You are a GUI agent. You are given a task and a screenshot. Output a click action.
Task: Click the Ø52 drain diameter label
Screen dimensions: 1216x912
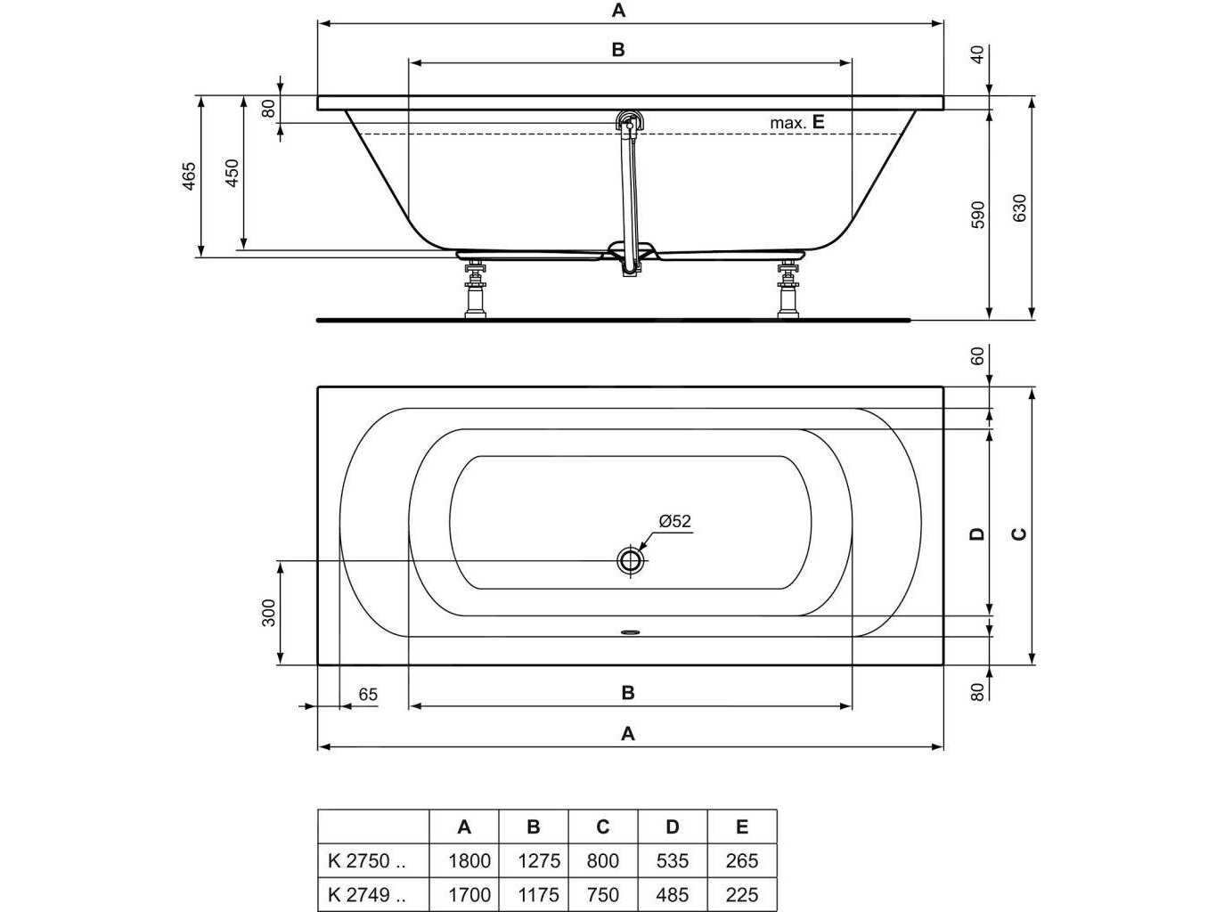pos(674,521)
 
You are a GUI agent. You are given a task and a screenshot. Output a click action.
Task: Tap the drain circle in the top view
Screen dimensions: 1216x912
pos(630,561)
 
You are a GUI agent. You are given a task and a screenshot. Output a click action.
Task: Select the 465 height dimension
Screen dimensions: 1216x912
pos(190,176)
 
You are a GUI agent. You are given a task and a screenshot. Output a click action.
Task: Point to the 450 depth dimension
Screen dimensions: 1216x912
pos(233,173)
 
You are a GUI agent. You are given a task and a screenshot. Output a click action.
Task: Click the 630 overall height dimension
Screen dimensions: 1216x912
pos(1019,208)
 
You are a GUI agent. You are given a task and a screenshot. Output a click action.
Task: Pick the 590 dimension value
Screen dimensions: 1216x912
pos(979,215)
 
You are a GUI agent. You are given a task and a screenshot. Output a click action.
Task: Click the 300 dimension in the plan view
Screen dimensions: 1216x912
pos(268,613)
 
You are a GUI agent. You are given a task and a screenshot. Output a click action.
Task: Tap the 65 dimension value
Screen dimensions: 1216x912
pos(368,695)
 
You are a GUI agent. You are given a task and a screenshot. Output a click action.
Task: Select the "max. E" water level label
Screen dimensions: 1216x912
pos(797,122)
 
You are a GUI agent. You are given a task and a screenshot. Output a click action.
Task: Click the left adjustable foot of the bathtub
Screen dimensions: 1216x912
pos(476,289)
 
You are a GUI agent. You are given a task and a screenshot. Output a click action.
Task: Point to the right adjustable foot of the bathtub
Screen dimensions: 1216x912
pos(788,289)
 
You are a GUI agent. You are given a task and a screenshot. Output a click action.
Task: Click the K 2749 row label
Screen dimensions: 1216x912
pos(367,894)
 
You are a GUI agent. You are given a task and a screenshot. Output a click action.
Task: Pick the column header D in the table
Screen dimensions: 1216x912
pos(672,826)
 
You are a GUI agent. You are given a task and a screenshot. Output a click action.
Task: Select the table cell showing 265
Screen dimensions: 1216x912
pos(742,860)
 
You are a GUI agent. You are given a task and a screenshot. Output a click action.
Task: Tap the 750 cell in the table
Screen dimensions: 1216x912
pos(603,894)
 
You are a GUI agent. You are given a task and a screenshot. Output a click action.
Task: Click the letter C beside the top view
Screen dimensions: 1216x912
pos(1019,533)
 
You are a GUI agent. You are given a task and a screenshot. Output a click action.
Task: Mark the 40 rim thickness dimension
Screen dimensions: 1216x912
pos(978,55)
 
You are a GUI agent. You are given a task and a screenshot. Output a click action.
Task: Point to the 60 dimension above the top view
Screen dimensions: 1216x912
pos(978,355)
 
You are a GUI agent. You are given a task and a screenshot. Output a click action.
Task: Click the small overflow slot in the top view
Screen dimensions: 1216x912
pos(631,631)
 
